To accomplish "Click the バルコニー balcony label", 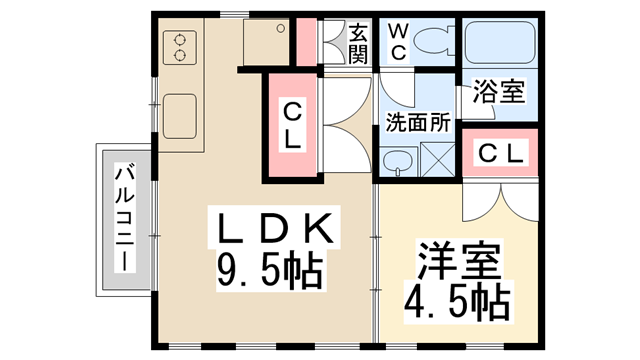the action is click(123, 219).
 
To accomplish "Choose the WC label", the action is click(395, 42).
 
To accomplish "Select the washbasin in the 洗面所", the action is click(400, 160).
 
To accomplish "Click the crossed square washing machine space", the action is click(437, 160).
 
